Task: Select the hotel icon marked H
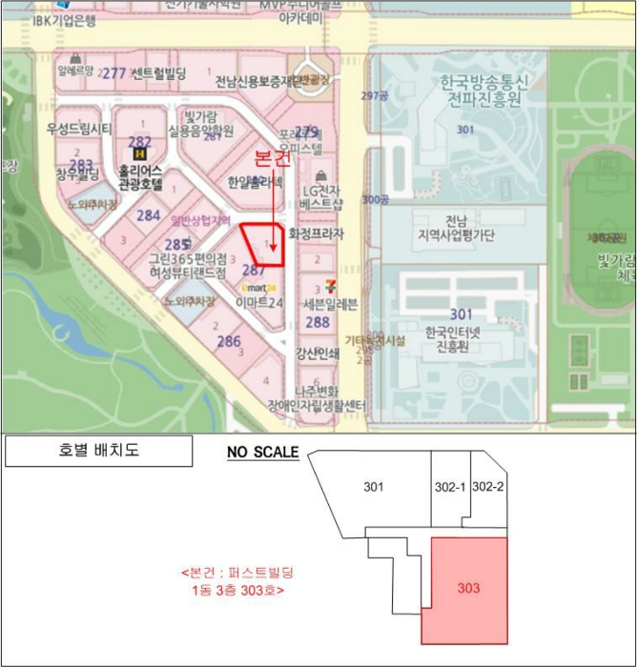[140, 152]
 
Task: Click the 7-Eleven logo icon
[329, 283]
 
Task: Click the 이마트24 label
[259, 303]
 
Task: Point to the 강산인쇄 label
[318, 353]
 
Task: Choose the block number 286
[229, 341]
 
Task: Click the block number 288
[318, 322]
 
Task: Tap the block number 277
[114, 73]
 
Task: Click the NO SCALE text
[262, 452]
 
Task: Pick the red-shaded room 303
[468, 589]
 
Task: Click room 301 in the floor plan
[374, 488]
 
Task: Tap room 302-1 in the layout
[449, 487]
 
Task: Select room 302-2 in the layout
[487, 487]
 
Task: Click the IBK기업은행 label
[64, 20]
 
